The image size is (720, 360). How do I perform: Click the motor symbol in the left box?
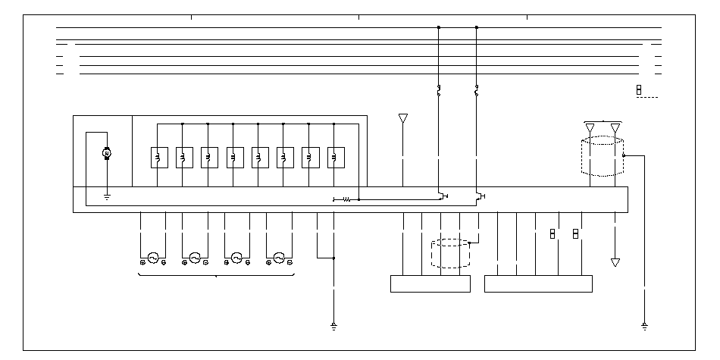[107, 154]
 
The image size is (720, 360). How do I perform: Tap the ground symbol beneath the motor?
[107, 197]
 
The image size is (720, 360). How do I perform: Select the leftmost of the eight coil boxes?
[158, 157]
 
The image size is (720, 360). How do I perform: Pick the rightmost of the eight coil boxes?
[335, 157]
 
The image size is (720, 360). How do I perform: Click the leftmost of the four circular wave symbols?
[152, 258]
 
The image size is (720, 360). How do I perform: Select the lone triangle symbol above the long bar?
[402, 119]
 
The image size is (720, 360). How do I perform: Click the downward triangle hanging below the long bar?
[615, 262]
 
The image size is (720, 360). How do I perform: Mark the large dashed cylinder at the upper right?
[603, 157]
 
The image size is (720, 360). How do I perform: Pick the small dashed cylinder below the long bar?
[450, 254]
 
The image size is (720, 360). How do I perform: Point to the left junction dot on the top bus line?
[438, 27]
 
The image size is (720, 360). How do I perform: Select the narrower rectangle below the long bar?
[430, 283]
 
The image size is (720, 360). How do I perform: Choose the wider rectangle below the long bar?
[538, 283]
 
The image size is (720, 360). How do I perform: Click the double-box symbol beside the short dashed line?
[639, 90]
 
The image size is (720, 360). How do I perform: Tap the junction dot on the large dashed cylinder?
[624, 155]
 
